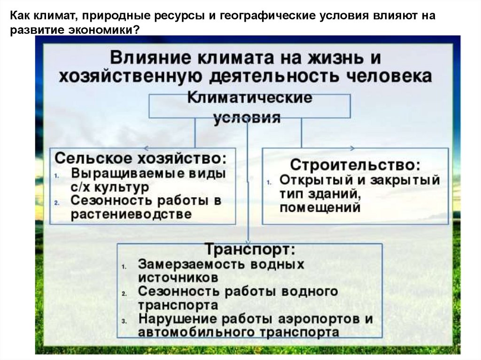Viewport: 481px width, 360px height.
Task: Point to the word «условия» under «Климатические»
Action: (x=247, y=117)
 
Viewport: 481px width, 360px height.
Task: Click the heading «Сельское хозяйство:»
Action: (x=141, y=157)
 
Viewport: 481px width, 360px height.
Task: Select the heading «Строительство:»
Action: (x=355, y=165)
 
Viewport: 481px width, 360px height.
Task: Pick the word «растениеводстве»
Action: (x=132, y=214)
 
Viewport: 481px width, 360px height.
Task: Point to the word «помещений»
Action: (x=320, y=207)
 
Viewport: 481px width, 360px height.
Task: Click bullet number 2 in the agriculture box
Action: (x=56, y=203)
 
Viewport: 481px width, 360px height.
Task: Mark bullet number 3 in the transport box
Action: (x=124, y=322)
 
